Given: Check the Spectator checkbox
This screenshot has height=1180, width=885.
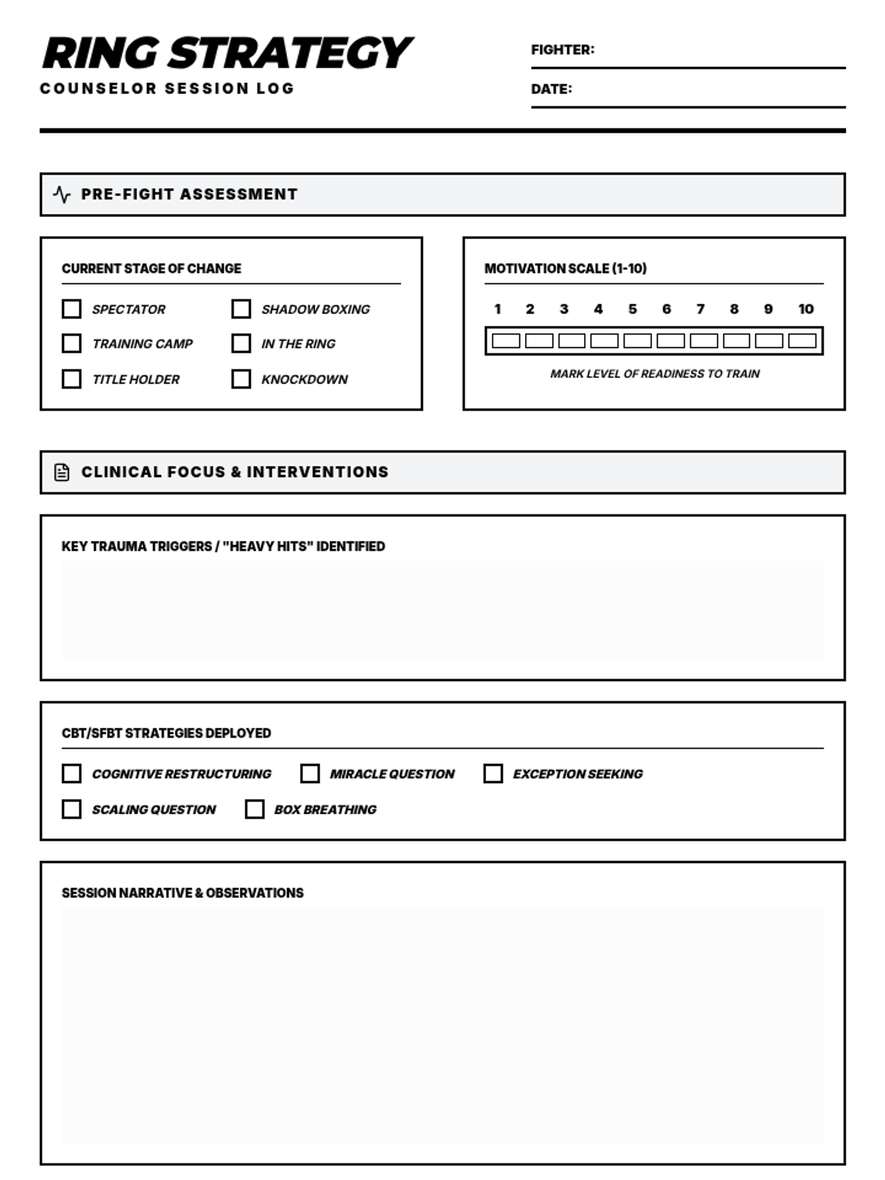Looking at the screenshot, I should pos(72,308).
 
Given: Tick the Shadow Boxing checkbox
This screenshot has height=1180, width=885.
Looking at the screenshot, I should pos(241,308).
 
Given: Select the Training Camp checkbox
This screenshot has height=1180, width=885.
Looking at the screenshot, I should pos(72,343).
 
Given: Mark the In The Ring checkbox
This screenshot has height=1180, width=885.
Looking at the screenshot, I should pos(241,343).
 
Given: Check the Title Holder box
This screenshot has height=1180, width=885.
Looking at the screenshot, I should pos(72,378).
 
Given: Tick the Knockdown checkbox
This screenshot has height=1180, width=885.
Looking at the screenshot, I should pos(241,378).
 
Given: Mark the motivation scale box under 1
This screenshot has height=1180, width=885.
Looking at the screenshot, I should pos(506,341).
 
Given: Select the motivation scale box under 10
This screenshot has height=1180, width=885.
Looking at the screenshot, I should pos(802,341).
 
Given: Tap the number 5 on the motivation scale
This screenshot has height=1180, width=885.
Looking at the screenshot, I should pos(632,309).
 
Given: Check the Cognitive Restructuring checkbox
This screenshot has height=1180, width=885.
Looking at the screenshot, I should pos(72,773).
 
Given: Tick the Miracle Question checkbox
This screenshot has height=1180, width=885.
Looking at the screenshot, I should pos(310,773).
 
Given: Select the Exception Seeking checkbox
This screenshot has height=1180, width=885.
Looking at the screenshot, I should pos(493,773).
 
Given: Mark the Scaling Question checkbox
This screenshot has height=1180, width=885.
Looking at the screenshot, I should pos(72,809).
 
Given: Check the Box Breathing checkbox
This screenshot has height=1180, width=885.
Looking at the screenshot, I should pos(254,809).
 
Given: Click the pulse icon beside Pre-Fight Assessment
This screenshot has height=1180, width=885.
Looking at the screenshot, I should pos(62,195).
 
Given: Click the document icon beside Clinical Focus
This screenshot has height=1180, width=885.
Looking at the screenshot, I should pos(62,472).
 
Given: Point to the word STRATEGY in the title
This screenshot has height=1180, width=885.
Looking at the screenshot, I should pos(291,53).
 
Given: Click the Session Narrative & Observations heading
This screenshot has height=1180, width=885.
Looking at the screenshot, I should pos(182,893).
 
